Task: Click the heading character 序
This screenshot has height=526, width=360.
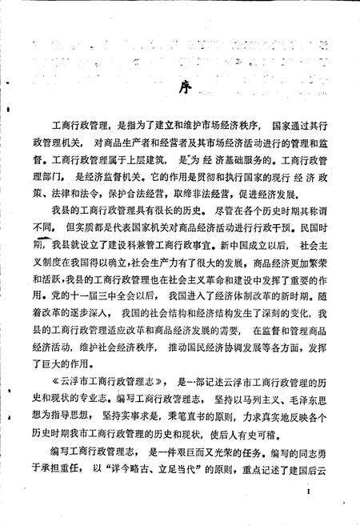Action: click(179, 86)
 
